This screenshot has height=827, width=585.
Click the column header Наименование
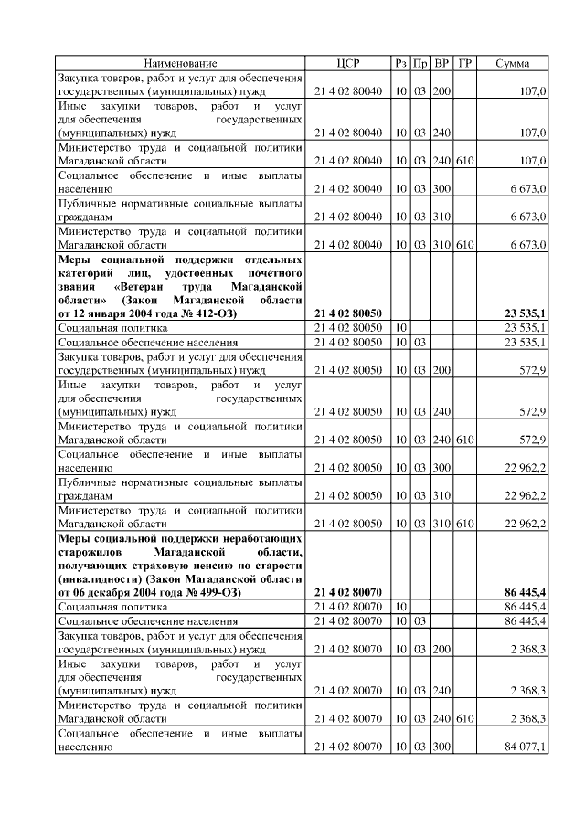180,63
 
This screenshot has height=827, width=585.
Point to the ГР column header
465,63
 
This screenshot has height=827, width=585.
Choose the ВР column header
442,63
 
